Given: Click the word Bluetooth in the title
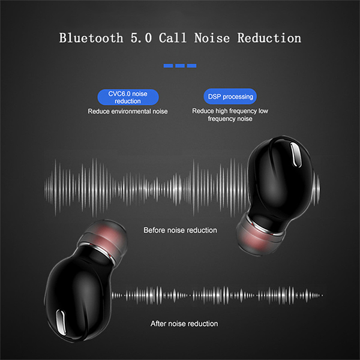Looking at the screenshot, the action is [x=91, y=38].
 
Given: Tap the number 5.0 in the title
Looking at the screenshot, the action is [x=141, y=38].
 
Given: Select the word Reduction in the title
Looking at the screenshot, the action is [x=269, y=38].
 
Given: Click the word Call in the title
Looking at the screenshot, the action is [x=172, y=38].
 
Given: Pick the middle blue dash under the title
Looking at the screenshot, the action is [x=180, y=66].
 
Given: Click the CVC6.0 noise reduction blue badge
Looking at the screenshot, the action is [x=128, y=97].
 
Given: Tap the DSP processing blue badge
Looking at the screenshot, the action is [x=230, y=97].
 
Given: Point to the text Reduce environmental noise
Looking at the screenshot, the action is [x=128, y=112].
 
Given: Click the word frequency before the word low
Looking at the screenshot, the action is [x=243, y=111].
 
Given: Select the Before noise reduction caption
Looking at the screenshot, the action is [x=180, y=230].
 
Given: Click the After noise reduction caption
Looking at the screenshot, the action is [x=184, y=323].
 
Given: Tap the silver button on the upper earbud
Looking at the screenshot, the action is [x=296, y=154].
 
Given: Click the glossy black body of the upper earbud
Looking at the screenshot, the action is [x=279, y=181].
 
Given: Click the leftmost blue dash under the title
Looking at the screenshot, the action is [x=168, y=66].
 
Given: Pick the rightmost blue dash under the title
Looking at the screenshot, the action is [x=192, y=66].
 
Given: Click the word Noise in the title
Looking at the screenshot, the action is [x=212, y=38].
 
